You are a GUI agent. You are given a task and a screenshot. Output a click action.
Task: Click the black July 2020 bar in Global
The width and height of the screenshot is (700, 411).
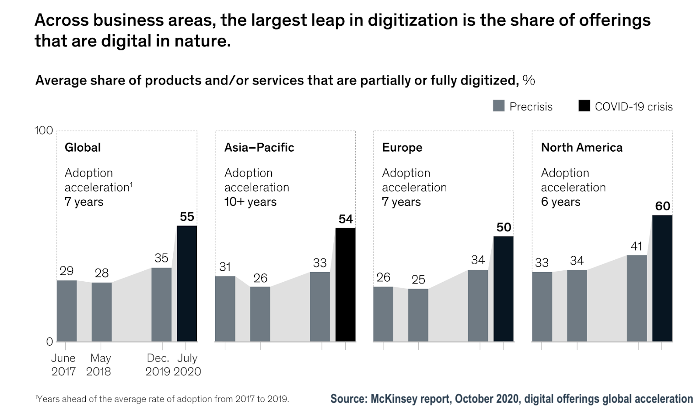[x=187, y=283]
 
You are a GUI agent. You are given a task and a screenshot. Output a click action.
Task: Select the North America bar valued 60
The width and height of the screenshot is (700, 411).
[x=662, y=278]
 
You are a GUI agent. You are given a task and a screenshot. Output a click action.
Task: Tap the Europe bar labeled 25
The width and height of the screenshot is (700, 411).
[x=418, y=315]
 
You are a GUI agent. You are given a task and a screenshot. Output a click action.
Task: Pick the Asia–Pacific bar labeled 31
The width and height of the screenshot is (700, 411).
[x=225, y=308]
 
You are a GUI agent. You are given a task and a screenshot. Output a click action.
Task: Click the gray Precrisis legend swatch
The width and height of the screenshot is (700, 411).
[x=498, y=106]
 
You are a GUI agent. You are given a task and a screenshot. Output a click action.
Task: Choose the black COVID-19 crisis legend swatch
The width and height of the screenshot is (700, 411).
[x=584, y=106]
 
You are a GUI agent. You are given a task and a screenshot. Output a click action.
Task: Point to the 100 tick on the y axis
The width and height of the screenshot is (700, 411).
[x=43, y=131]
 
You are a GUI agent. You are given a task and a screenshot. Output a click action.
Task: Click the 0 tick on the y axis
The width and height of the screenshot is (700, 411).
[x=49, y=342]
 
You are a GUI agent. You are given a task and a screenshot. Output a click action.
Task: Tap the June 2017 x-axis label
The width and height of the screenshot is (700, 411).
[x=63, y=365]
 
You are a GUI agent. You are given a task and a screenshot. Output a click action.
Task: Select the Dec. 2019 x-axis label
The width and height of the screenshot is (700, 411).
[x=158, y=365]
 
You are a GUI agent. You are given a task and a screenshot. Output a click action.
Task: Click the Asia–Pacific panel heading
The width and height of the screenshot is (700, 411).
[x=259, y=147]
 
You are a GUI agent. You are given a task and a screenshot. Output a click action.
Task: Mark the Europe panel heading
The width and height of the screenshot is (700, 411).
[x=402, y=147]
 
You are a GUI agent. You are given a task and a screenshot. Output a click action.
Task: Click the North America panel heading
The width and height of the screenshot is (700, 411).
[x=581, y=147]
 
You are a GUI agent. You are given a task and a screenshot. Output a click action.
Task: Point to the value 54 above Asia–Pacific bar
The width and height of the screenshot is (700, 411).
[x=346, y=219]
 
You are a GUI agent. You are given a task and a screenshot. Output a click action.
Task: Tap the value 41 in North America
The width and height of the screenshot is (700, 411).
[x=637, y=246]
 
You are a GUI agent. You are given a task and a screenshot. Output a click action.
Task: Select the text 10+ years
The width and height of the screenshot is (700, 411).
[x=250, y=202]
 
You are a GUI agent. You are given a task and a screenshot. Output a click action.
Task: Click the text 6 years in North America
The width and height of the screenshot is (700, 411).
[x=560, y=202]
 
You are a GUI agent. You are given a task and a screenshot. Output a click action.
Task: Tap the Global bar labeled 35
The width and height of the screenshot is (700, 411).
[x=161, y=305]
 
